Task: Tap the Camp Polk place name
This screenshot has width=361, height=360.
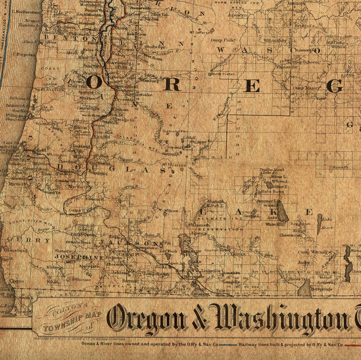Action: point(223,40)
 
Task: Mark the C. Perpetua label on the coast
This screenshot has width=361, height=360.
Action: point(24,55)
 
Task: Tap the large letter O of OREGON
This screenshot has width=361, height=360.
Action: point(94,83)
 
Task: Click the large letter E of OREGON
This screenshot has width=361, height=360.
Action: point(252,86)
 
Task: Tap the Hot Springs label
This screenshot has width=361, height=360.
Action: point(321,289)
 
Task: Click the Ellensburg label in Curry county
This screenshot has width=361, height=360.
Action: point(15,250)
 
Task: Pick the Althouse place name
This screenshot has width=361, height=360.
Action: point(81,280)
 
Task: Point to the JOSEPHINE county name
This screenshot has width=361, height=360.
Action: point(79,257)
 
